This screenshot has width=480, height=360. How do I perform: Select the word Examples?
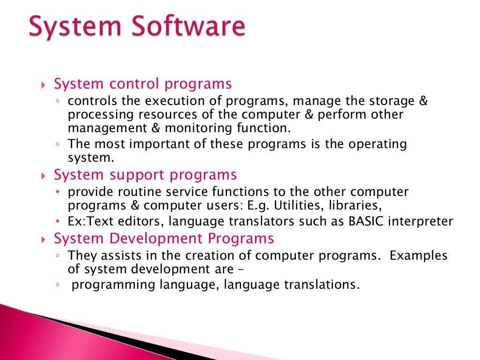coord(419,255)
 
